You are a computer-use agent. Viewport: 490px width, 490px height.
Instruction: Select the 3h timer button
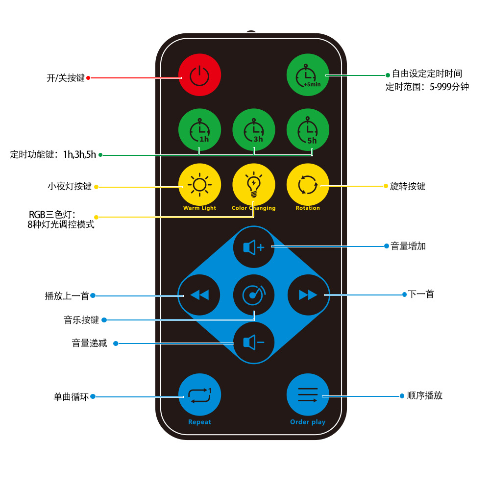coord(253,130)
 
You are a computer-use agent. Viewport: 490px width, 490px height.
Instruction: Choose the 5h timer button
coord(308,130)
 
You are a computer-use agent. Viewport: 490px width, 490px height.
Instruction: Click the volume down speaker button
coord(253,343)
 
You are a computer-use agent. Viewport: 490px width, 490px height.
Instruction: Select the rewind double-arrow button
coord(199,295)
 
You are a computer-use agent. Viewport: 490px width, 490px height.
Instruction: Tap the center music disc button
coord(253,295)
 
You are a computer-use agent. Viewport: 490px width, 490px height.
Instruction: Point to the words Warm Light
coord(199,208)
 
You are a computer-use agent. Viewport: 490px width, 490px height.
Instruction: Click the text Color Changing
coord(253,208)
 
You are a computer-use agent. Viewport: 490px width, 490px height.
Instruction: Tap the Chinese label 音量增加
coord(408,246)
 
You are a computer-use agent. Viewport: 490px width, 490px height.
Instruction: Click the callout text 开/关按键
coord(65,78)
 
